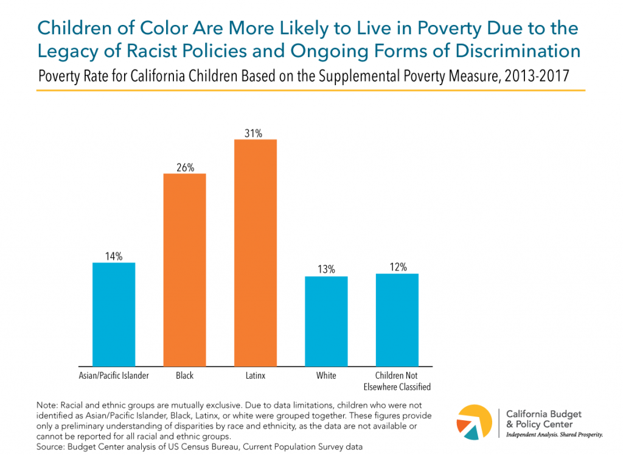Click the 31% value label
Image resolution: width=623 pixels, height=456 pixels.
255,133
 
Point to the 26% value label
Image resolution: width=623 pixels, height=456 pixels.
184,167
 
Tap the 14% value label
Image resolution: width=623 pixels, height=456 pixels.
113,256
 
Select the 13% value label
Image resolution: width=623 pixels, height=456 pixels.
326,270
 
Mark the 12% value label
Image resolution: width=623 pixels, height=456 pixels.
397,267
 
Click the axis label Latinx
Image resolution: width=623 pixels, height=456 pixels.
255,376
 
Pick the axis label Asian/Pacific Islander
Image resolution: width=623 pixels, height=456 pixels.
114,376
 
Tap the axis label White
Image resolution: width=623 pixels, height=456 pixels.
326,376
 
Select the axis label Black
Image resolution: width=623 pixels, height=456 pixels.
184,376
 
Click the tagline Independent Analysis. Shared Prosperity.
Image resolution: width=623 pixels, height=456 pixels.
554,435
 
